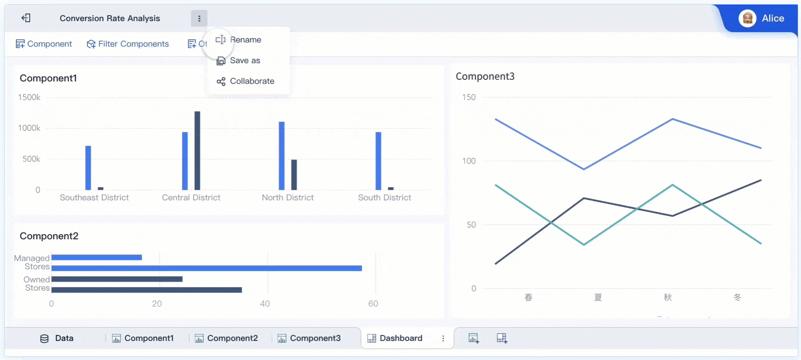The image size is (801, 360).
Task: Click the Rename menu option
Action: tap(245, 40)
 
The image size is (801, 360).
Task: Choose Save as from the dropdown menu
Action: tap(244, 61)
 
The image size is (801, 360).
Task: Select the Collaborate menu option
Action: tap(251, 81)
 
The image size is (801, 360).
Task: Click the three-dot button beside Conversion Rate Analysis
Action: tap(199, 19)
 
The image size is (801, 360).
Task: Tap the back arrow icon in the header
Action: tap(26, 18)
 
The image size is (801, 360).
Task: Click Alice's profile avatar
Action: tap(747, 19)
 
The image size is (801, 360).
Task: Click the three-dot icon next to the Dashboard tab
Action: tap(443, 338)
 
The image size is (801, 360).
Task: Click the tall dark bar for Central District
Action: tap(197, 150)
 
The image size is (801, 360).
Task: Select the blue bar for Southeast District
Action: tap(88, 168)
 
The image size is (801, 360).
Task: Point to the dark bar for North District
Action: tap(294, 175)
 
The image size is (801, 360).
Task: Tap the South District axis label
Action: tap(384, 198)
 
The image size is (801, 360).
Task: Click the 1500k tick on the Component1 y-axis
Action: tap(29, 97)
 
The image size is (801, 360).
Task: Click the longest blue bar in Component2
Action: tap(206, 268)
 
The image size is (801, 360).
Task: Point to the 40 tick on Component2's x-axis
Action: tap(265, 304)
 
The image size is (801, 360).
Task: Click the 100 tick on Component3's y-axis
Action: tap(469, 161)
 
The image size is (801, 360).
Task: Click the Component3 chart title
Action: tap(485, 76)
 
